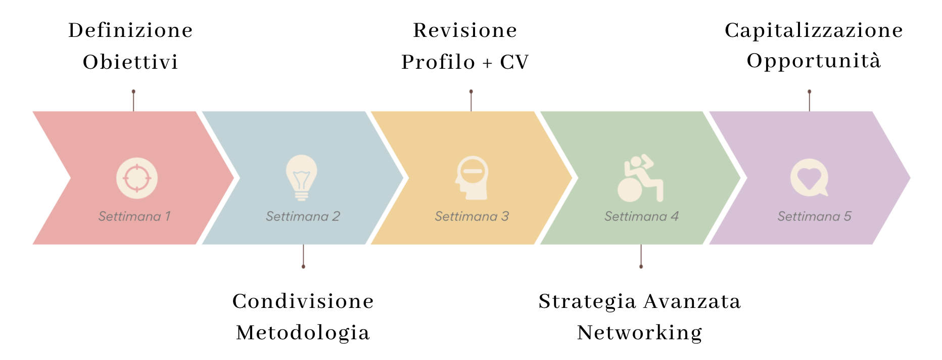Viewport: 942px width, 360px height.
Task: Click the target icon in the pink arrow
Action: coord(137,178)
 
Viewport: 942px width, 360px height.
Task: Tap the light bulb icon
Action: coord(302,177)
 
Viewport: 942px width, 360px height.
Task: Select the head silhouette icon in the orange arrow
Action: coord(472,177)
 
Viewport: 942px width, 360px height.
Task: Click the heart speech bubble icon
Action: coord(809,177)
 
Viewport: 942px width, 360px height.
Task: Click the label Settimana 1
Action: coord(134,216)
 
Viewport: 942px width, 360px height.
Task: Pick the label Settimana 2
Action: coord(303,216)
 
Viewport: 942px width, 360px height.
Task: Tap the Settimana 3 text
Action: coord(472,216)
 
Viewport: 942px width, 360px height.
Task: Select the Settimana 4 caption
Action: coord(641,216)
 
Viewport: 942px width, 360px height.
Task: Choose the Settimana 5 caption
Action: coord(814,216)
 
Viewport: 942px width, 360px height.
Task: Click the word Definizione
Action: coord(130,30)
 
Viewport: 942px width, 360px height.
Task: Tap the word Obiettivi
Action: coord(130,62)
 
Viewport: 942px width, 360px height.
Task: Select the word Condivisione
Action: coord(303,301)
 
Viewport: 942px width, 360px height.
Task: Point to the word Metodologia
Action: coord(303,333)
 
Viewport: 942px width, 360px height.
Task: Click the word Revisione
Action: coord(465,30)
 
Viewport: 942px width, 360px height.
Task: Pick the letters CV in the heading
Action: coord(514,62)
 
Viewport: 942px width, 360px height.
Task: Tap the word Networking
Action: coord(640,333)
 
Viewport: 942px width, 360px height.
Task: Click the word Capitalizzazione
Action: coord(814,30)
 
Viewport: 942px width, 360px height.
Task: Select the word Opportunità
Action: coord(814,61)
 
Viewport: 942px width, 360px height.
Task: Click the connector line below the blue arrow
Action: coord(303,255)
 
